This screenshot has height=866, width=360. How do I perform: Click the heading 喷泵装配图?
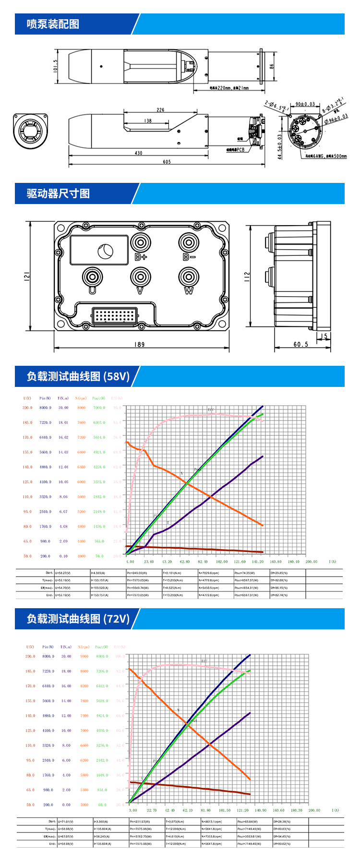[53, 24]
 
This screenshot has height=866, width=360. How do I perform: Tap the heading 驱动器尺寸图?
[58, 193]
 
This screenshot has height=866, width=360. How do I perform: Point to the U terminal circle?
[92, 277]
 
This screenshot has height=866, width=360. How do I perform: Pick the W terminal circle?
[189, 277]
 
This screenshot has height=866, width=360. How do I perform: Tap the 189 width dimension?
[139, 344]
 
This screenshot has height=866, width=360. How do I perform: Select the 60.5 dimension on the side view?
[301, 344]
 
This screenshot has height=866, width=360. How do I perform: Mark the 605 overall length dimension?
[167, 162]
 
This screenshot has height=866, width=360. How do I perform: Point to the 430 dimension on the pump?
[138, 153]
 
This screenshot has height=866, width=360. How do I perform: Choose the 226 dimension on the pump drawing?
[160, 110]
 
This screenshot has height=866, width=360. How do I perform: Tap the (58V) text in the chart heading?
[117, 376]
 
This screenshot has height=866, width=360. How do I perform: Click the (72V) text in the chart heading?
[117, 619]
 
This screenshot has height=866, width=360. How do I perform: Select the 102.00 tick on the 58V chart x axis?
[221, 561]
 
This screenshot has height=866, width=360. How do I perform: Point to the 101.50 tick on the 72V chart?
[224, 810]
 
